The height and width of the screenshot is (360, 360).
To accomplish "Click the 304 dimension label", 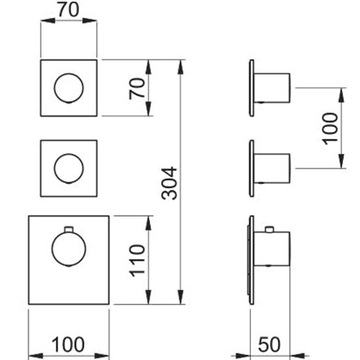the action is (169, 183).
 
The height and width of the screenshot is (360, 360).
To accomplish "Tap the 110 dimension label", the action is (137, 261).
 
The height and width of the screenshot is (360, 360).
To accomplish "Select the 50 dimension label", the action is (269, 345).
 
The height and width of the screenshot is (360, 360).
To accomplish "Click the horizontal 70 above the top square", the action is (68, 10).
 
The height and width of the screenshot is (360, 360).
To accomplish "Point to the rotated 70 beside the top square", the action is (137, 89).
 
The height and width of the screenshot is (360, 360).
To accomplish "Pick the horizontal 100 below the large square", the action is (68, 345).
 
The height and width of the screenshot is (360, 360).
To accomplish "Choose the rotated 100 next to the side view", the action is (330, 129).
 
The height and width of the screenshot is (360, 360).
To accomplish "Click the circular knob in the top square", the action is (68, 88).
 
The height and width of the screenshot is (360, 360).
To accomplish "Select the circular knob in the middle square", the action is (68, 169).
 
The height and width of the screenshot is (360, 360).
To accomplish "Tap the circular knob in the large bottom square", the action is (68, 249).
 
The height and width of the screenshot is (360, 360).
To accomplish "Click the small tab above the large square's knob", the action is (68, 230).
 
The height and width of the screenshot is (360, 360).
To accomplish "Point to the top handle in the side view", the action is (272, 88).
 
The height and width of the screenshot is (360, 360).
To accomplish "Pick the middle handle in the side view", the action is (272, 169).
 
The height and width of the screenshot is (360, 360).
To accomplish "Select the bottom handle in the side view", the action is (272, 248).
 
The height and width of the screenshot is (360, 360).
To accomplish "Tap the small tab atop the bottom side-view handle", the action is (270, 230).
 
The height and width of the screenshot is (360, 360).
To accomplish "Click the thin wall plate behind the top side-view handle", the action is (252, 88).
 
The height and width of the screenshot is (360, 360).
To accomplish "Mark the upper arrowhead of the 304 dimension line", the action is (180, 67).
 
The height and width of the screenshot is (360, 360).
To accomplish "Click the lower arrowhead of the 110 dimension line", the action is (148, 297).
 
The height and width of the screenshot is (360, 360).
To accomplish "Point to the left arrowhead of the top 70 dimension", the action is (48, 20).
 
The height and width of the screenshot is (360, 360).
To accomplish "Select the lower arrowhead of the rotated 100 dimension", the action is (342, 161).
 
